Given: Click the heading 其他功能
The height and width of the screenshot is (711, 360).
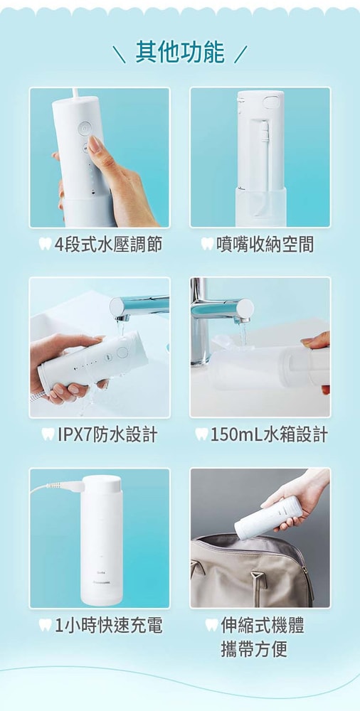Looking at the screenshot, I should click(x=179, y=53).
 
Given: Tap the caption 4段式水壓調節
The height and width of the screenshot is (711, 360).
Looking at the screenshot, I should click(x=108, y=245).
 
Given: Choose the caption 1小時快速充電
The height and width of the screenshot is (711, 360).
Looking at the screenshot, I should click(x=109, y=626).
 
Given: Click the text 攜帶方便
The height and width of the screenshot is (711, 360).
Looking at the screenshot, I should click(x=254, y=649).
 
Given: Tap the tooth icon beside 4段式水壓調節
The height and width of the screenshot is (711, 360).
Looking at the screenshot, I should click(x=45, y=245).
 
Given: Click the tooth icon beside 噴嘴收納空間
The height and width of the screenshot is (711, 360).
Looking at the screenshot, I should click(x=207, y=245).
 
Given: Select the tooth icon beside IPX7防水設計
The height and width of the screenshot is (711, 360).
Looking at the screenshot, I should click(x=48, y=434).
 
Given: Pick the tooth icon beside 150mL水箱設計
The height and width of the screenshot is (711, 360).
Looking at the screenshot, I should click(x=201, y=434).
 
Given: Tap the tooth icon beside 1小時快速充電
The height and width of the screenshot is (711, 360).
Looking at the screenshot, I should click(x=46, y=626).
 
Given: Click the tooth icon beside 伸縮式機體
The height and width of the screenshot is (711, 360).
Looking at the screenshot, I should click(x=211, y=626).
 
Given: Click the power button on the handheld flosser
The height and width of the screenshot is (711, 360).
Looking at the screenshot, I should click(x=83, y=129).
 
